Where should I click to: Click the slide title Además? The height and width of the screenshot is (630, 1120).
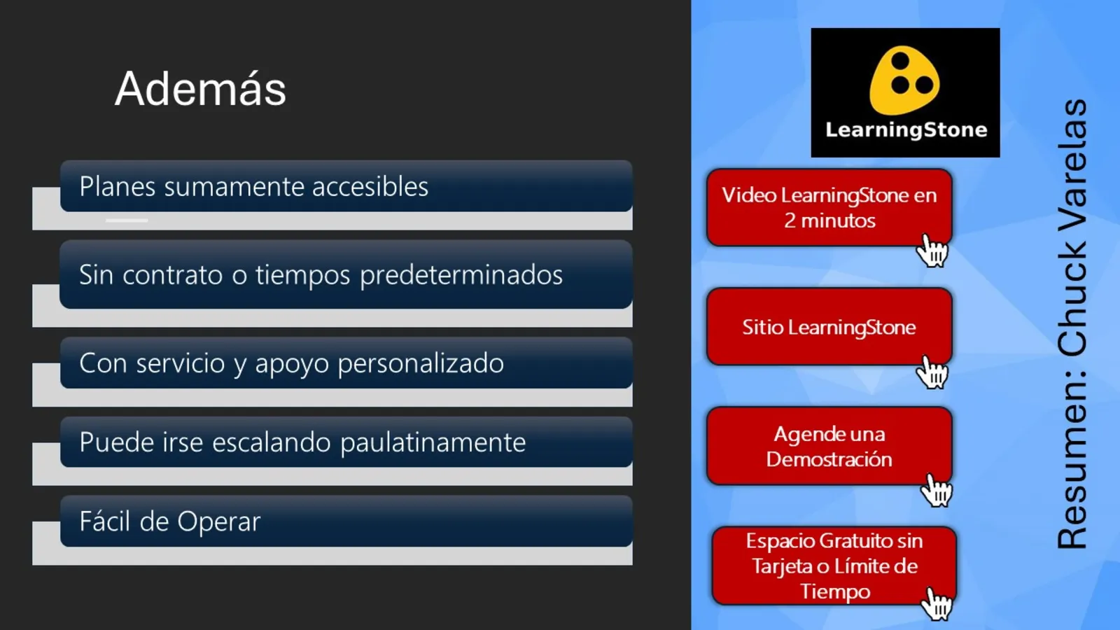point(201,89)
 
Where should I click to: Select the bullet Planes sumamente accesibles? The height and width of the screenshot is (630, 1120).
point(253,187)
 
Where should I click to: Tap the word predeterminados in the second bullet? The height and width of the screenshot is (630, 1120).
point(461,275)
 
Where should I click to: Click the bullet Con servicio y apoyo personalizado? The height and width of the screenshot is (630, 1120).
point(291,363)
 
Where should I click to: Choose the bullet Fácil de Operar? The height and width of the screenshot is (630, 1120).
point(169,521)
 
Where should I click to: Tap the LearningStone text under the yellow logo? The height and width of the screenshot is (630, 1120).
point(906,130)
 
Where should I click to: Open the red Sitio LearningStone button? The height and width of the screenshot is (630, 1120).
point(829,327)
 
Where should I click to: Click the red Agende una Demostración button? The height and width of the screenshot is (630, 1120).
point(829,446)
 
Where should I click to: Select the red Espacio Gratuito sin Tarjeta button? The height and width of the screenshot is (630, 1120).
point(833,566)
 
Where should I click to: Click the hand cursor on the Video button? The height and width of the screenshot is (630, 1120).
point(932,251)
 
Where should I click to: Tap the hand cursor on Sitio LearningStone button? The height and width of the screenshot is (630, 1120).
point(932,372)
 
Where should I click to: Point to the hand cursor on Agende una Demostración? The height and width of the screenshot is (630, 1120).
point(936,490)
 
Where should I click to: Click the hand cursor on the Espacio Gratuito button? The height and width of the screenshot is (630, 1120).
point(937,603)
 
